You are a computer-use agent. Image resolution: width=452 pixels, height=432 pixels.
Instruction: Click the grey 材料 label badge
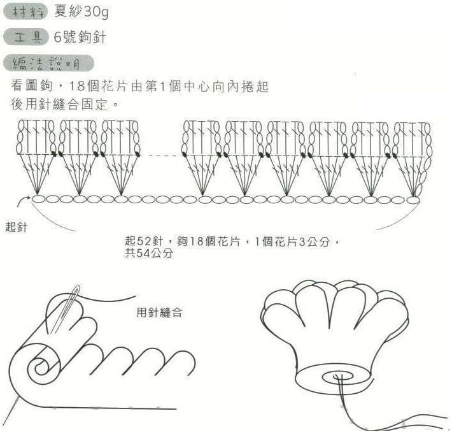point(25,12)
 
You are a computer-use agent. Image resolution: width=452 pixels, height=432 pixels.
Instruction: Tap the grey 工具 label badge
point(25,37)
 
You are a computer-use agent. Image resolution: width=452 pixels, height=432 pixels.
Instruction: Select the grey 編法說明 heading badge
point(48,63)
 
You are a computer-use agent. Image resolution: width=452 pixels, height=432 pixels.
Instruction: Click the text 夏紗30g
point(81,11)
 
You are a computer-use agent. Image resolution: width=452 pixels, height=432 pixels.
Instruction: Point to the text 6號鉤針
point(80,37)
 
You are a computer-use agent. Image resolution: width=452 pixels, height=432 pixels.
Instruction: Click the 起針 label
point(16,227)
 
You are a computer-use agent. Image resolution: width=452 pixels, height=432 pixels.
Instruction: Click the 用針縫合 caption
point(159,312)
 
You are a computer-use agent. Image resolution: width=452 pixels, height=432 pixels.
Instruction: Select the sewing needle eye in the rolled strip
point(76,291)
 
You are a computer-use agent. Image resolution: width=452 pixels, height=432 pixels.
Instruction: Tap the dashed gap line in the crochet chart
point(165,155)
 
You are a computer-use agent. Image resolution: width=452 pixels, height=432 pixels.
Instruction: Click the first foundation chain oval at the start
point(38,199)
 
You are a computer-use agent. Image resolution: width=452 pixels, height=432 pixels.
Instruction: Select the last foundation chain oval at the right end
point(413,200)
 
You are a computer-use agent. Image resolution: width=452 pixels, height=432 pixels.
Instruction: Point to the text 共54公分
point(149,253)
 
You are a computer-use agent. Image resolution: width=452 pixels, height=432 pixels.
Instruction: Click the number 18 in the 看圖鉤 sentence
point(78,86)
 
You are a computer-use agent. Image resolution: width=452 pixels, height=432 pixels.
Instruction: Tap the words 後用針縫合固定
point(59,104)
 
